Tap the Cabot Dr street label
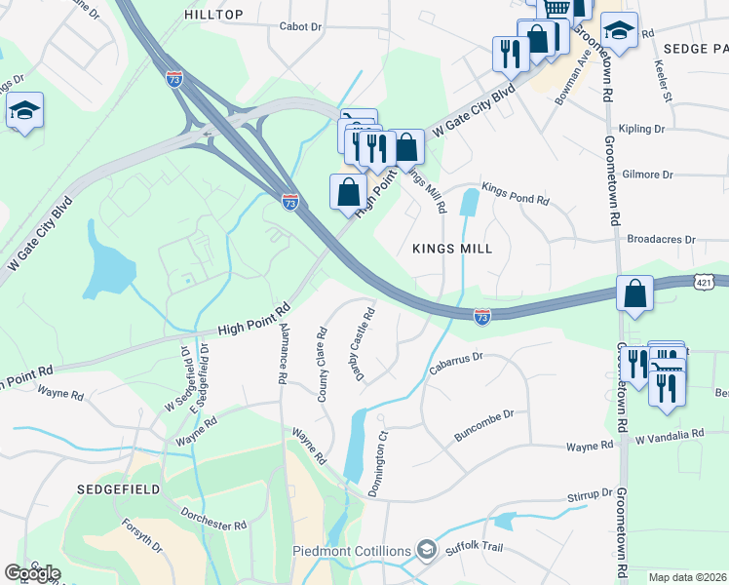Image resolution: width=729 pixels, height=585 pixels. (x=300, y=26)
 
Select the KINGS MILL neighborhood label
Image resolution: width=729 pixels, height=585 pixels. (x=451, y=249)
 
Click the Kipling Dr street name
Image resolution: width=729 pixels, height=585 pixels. (x=642, y=129)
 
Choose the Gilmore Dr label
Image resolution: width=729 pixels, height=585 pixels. (x=647, y=175)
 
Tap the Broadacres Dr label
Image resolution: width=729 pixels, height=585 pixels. (x=662, y=238)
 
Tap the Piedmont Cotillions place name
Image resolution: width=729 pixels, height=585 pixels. (x=352, y=551)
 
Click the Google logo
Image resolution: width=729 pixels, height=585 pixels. (x=32, y=573)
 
